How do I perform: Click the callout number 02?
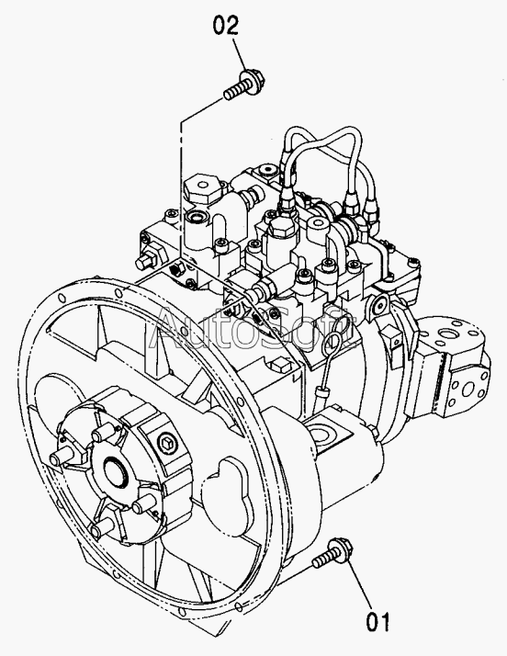tap(226, 26)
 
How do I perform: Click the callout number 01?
tap(378, 622)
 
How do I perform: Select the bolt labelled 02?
tap(244, 85)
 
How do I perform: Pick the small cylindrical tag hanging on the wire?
tap(321, 393)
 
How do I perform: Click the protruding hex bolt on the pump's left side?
tap(146, 258)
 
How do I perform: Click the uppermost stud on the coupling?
tap(103, 433)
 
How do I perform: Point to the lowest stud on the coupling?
tap(102, 530)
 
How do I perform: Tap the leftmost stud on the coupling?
tap(62, 458)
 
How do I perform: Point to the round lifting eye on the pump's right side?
tap(379, 304)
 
